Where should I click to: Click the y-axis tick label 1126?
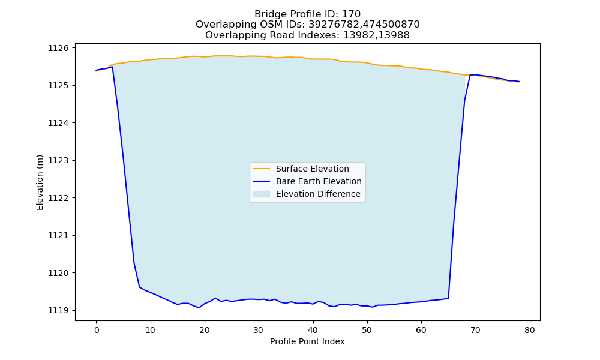pyautogui.click(x=58, y=48)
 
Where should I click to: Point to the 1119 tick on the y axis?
pyautogui.click(x=58, y=310)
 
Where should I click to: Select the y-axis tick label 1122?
pyautogui.click(x=58, y=198)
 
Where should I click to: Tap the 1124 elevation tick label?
pyautogui.click(x=58, y=123)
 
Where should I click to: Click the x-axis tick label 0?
pyautogui.click(x=97, y=330)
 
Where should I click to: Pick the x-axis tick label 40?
pyautogui.click(x=313, y=330)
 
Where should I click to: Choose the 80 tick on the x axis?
pyautogui.click(x=530, y=330)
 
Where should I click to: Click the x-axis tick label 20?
pyautogui.click(x=205, y=330)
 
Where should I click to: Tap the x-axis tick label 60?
pyautogui.click(x=421, y=330)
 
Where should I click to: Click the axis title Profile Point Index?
pyautogui.click(x=307, y=341)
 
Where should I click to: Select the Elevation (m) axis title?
pyautogui.click(x=40, y=182)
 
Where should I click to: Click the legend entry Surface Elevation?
pyautogui.click(x=312, y=169)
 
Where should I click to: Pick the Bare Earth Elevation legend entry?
pyautogui.click(x=319, y=181)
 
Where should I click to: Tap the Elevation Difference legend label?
pyautogui.click(x=318, y=194)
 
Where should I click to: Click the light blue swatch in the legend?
pyautogui.click(x=262, y=194)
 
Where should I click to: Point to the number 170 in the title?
pyautogui.click(x=351, y=14)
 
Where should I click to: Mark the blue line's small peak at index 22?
pyautogui.click(x=215, y=298)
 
